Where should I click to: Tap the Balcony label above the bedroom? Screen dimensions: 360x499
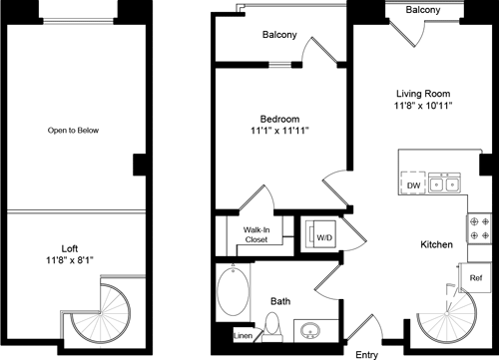point(279,35)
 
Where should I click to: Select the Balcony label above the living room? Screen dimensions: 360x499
point(424,10)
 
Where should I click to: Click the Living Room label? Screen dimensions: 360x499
point(424,93)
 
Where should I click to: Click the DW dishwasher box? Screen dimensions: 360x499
point(413,184)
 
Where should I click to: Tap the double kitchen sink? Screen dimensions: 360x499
point(445,184)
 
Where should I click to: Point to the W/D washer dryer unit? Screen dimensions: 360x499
point(324,238)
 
